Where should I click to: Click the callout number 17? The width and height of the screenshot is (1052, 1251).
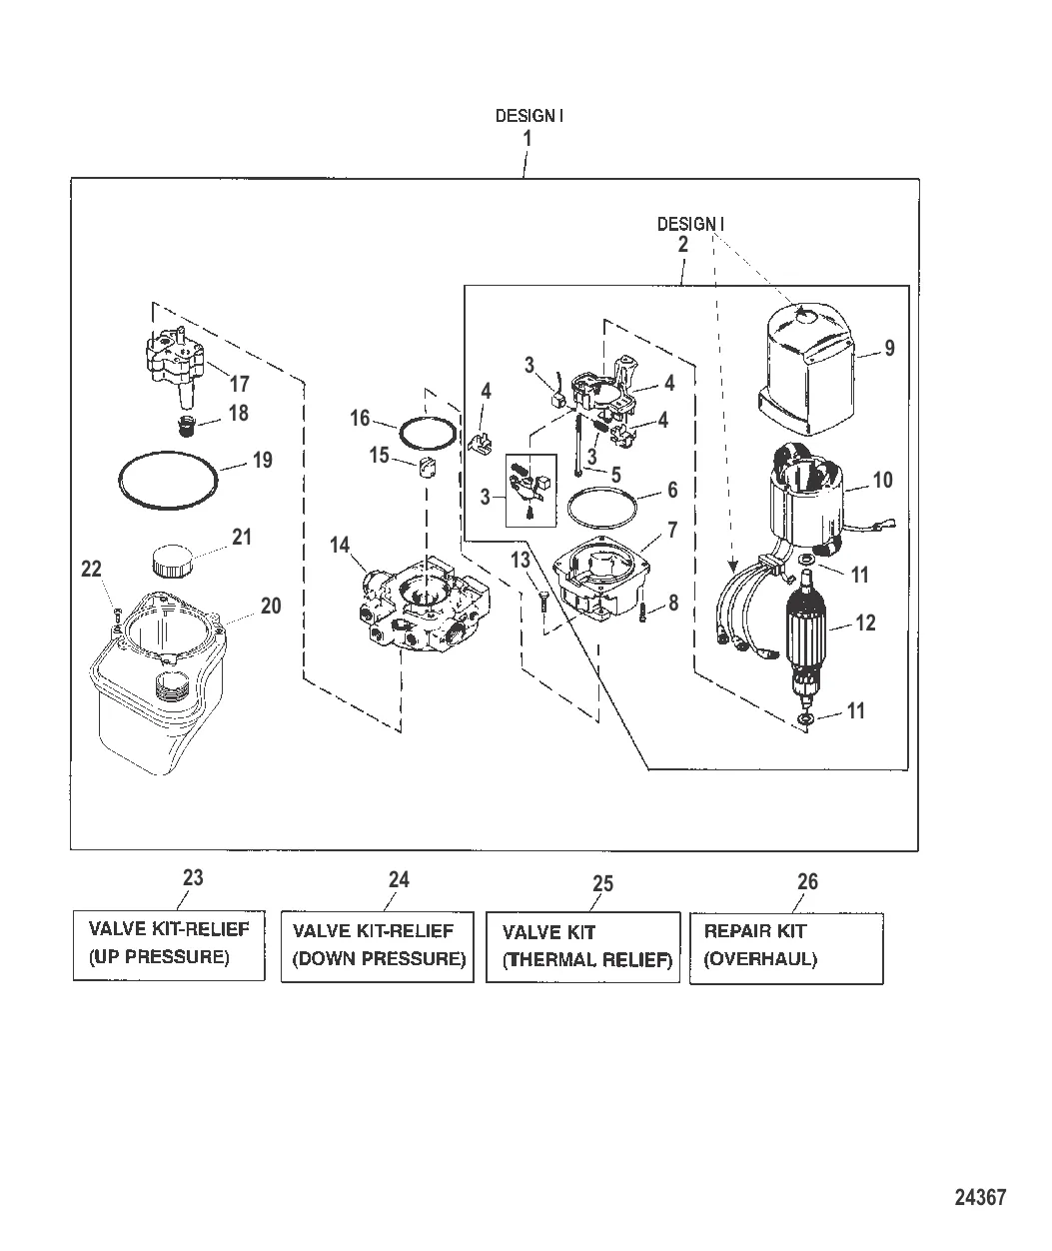coord(240,384)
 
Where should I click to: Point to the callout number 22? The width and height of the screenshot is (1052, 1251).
coord(92,569)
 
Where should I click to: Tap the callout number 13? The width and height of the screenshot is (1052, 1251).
coord(521,561)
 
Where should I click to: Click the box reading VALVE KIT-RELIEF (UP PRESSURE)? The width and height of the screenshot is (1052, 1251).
coord(169,944)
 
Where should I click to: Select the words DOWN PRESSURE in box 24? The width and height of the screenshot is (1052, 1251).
coord(379,959)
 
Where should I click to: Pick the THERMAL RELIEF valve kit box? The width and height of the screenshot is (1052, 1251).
coord(583,946)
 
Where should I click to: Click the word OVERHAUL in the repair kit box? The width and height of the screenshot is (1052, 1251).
coord(761,959)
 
